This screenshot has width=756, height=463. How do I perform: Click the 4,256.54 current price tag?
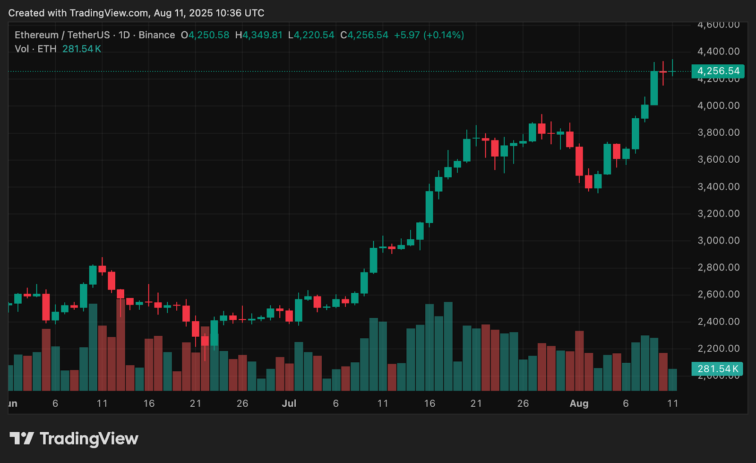(x=718, y=71)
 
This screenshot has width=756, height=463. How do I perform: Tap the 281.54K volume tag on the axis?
(x=717, y=369)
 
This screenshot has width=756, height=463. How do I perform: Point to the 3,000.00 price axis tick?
(x=718, y=241)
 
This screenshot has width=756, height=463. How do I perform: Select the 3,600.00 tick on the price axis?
(x=718, y=159)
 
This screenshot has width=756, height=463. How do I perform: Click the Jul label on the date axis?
(x=289, y=403)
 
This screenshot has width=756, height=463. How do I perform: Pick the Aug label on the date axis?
(x=579, y=403)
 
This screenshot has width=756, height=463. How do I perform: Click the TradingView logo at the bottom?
(x=74, y=439)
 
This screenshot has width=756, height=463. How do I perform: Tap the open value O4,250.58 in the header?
(x=205, y=35)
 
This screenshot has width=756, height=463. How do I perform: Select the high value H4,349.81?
(x=259, y=35)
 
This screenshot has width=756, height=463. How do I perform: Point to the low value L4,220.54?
(x=311, y=35)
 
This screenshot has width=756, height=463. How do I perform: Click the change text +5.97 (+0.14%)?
(x=429, y=35)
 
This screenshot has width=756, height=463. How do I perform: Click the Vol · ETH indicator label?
(x=35, y=49)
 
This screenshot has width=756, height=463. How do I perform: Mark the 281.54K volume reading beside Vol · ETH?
(x=82, y=49)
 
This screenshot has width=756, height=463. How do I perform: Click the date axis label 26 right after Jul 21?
(x=523, y=403)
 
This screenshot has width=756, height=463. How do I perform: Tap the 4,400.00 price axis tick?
(x=718, y=51)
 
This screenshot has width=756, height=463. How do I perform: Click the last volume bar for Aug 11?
(x=672, y=380)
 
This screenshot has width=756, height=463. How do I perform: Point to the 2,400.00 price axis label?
(x=718, y=322)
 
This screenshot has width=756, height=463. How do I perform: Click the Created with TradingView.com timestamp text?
(x=136, y=13)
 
